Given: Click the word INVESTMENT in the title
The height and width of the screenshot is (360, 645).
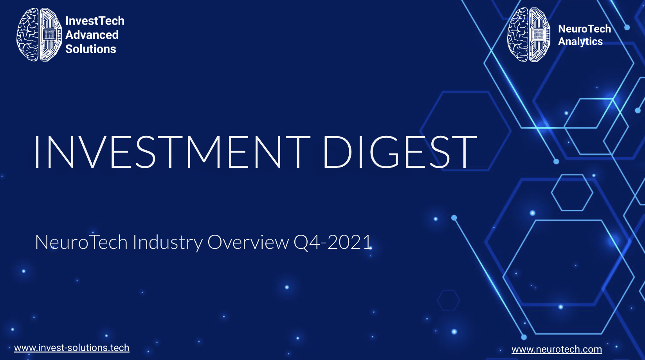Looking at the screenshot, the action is click(172, 152).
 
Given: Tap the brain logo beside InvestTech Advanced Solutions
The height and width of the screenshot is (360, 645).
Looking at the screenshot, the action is click(39, 34).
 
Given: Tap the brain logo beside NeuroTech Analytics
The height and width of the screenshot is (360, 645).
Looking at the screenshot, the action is click(529, 34).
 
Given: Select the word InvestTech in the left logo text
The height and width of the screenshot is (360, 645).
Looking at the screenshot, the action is click(95, 21).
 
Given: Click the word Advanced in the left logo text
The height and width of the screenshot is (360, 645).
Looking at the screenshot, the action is click(92, 35).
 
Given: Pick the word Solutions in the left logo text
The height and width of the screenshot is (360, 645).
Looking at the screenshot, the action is click(91, 49).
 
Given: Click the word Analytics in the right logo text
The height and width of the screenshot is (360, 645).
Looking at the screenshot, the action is click(580, 42).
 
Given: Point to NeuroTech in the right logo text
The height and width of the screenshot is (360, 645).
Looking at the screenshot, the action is click(585, 29).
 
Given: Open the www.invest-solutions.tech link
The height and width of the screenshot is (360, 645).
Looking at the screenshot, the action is click(72, 348).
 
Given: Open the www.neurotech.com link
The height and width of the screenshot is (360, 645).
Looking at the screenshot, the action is click(557, 349).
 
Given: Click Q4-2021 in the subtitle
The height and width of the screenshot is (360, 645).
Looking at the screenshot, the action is click(333, 242).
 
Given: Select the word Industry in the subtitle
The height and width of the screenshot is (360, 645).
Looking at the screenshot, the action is click(168, 243).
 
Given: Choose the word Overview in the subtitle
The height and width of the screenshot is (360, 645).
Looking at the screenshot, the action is click(248, 242).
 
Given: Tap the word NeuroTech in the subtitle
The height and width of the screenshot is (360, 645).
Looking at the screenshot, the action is click(81, 242).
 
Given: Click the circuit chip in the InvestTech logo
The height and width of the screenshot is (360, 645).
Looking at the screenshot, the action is click(49, 35).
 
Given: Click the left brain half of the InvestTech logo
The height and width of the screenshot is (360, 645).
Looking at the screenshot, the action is click(28, 34).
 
